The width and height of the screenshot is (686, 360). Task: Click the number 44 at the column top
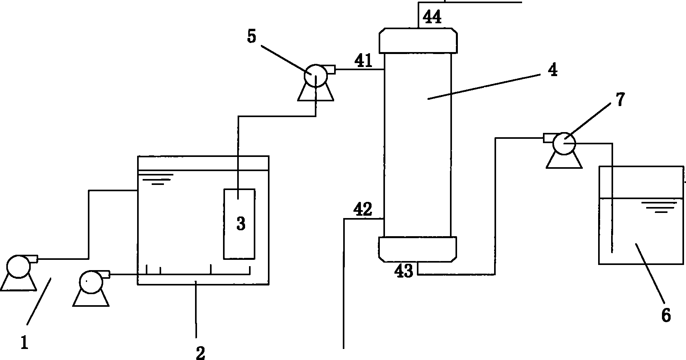(x=432, y=17)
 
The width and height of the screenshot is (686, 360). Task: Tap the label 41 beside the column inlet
(x=363, y=61)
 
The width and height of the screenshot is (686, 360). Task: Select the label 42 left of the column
(x=363, y=210)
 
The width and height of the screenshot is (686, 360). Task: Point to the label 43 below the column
(x=404, y=271)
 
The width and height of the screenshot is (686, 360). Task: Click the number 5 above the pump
(x=251, y=37)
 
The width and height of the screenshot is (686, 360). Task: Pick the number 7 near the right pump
(x=620, y=99)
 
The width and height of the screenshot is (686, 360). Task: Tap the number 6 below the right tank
(x=666, y=315)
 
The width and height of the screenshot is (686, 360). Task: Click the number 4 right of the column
(x=553, y=70)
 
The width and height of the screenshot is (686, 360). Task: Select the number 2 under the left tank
(x=201, y=353)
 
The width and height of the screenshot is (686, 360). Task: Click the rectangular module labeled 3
(x=240, y=224)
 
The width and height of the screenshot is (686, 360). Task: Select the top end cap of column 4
(x=418, y=40)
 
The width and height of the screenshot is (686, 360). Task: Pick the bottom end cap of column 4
(x=418, y=249)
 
